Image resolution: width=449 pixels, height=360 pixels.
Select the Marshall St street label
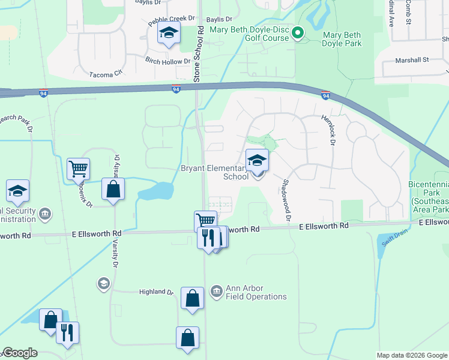pyautogui.click(x=412, y=60)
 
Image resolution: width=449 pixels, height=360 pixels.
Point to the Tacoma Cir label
pyautogui.click(x=105, y=72)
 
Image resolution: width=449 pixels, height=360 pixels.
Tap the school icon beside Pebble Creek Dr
pyautogui.click(x=169, y=34)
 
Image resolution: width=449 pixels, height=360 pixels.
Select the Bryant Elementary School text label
pyautogui.click(x=215, y=173)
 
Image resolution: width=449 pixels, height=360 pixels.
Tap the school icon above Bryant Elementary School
pyautogui.click(x=257, y=161)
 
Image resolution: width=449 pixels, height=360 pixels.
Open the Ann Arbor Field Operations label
pyautogui.click(x=256, y=292)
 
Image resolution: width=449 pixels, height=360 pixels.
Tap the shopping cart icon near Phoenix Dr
pyautogui.click(x=78, y=170)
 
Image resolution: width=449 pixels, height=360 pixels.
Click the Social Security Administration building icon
pyautogui.click(x=45, y=214)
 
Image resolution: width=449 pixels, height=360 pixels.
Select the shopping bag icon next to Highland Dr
pyautogui.click(x=191, y=298)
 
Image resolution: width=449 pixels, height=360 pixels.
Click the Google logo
pyautogui.click(x=20, y=353)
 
